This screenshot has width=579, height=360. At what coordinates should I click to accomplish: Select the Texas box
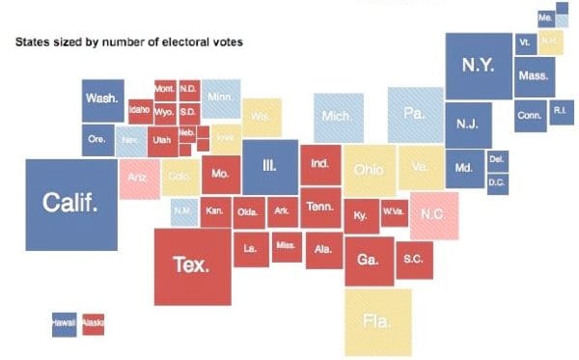coord(192,265)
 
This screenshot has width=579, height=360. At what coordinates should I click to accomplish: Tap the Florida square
coord(377,321)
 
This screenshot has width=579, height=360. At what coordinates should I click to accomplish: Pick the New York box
coord(477,66)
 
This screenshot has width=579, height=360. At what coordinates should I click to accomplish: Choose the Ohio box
coord(369,170)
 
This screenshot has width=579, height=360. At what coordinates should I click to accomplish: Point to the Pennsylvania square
coord(415,115)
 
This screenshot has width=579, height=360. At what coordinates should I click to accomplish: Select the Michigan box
coord(338,118)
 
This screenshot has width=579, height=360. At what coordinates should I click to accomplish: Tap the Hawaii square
coord(64,322)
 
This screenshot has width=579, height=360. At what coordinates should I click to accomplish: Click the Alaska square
coord(93,322)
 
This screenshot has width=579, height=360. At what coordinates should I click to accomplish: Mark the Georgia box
coord(368,260)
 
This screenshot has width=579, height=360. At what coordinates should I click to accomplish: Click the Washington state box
coord(101,99)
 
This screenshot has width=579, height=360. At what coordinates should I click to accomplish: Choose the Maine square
coord(546,18)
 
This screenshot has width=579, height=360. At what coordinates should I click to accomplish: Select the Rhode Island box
coord(561,112)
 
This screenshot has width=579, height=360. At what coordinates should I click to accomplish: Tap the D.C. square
coord(497,183)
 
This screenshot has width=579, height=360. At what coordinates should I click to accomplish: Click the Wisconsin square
coord(262,117)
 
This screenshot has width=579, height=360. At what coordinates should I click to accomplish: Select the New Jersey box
coord(468,125)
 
